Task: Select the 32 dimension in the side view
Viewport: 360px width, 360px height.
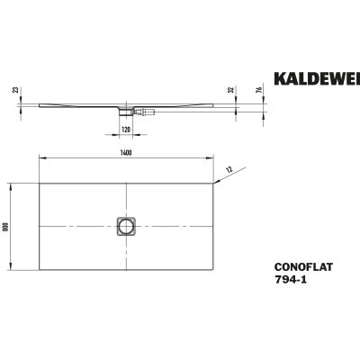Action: point(232,90)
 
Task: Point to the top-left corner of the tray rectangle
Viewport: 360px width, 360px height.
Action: point(37,184)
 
